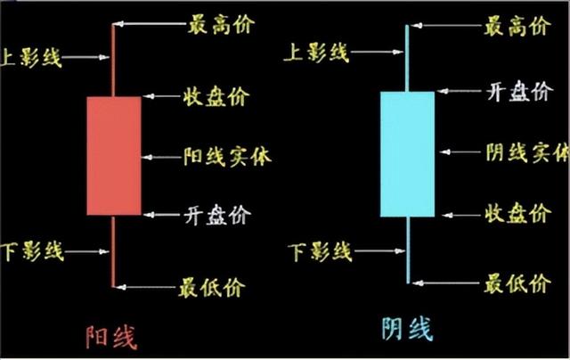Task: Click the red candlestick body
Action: tap(114, 156)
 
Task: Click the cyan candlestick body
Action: tap(407, 153)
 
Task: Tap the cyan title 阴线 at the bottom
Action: tap(406, 330)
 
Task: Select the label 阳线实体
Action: tap(227, 157)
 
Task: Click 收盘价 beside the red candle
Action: tap(216, 95)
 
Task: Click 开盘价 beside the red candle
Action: tap(217, 215)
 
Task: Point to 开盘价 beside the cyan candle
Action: tap(519, 92)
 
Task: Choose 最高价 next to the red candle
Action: tap(221, 24)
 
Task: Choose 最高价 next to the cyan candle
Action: tap(517, 26)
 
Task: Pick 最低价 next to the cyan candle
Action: tap(517, 285)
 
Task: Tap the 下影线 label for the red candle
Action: tap(33, 252)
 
